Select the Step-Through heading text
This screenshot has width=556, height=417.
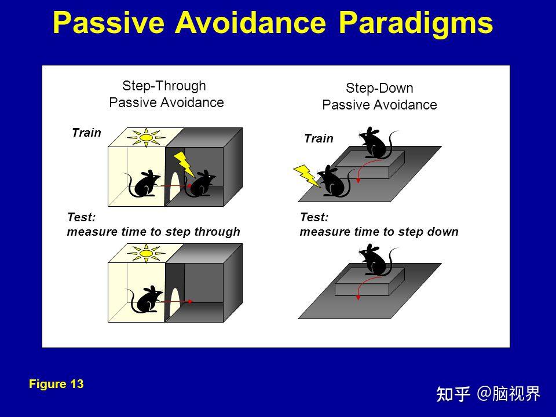(164, 86)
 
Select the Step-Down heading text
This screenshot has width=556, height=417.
(379, 89)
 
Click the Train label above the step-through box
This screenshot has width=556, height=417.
(86, 133)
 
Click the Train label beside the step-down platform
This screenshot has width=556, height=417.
(319, 138)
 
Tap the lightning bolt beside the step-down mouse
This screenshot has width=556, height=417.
(308, 175)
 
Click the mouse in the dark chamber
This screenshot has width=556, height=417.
(203, 184)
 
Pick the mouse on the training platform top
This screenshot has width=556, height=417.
(375, 143)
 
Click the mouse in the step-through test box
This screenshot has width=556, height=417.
(145, 299)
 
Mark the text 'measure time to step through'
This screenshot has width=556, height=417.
(153, 232)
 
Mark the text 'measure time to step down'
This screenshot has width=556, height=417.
(379, 232)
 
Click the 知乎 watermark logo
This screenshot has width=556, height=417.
(453, 394)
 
